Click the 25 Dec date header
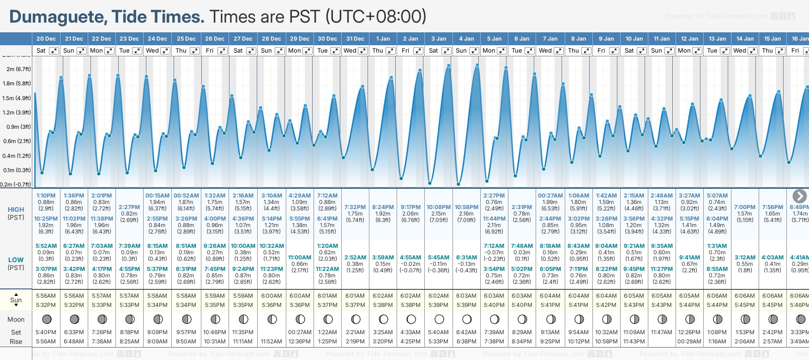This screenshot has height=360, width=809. (x=186, y=39)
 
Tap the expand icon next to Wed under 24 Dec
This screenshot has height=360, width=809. (x=165, y=51)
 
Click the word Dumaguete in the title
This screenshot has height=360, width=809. (x=58, y=17)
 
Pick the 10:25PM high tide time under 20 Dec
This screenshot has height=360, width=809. (x=46, y=219)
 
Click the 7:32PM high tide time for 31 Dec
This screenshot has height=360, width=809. (x=355, y=207)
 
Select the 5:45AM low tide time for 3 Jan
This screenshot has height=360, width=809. (x=438, y=258)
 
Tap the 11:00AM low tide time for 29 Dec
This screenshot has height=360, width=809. (x=300, y=258)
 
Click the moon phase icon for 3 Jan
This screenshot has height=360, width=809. (x=439, y=319)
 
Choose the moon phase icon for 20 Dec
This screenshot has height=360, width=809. (x=47, y=319)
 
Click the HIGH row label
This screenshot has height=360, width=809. (x=16, y=210)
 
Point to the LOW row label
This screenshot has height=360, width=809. (x=16, y=260)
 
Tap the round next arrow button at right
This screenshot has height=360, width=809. (x=799, y=196)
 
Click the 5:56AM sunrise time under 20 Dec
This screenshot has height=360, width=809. (x=46, y=296)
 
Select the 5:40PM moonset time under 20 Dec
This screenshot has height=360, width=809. (x=46, y=332)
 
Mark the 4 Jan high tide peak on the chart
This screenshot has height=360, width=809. (x=477, y=65)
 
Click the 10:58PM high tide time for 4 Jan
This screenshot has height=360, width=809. (x=466, y=207)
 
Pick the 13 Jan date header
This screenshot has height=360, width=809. (x=717, y=39)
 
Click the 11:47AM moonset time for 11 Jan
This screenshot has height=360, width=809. (x=661, y=332)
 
